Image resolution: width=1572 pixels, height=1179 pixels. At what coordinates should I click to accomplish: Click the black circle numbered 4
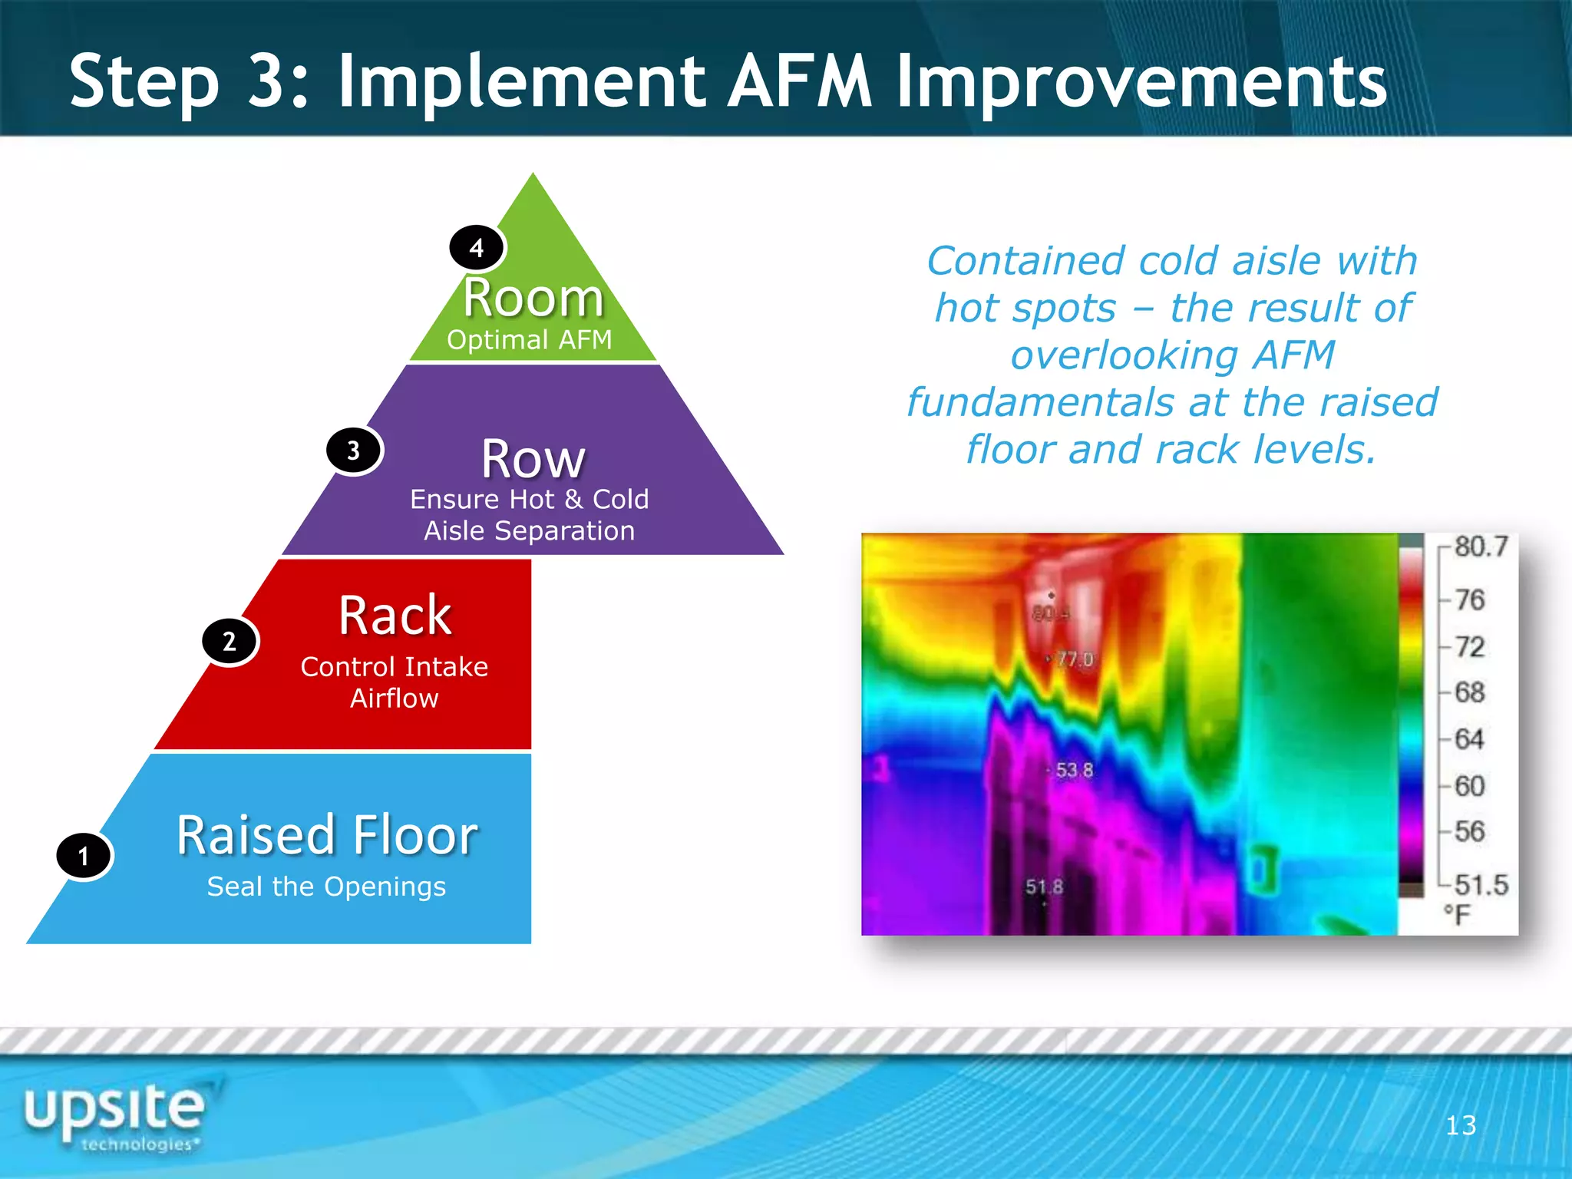pos(477,248)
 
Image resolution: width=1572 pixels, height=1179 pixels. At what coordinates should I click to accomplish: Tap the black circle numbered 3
pos(353,451)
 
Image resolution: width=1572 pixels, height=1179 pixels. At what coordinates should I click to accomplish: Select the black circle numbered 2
pos(230,641)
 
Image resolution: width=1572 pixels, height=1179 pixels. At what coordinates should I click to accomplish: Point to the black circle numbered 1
pos(84,856)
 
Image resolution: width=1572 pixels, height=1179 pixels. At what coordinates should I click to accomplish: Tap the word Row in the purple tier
pos(533,459)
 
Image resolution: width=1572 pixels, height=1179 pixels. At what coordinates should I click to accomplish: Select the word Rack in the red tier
pos(395,616)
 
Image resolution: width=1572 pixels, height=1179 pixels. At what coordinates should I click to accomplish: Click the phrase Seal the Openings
pos(326,887)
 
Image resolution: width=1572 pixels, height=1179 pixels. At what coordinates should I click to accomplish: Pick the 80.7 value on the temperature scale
pos(1481,547)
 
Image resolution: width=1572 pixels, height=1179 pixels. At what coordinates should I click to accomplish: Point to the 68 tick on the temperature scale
pos(1469,692)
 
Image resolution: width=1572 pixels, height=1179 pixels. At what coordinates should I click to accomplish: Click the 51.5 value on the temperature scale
pos(1481,885)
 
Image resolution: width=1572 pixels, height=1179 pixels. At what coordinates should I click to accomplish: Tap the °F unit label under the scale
pos(1456,914)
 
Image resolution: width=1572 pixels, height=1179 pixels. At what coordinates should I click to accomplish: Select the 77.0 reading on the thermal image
pos(1074,659)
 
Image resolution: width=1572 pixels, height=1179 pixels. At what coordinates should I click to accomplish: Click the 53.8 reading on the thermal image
pos(1074,770)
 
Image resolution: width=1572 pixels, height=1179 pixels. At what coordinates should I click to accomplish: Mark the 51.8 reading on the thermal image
pos(1044,887)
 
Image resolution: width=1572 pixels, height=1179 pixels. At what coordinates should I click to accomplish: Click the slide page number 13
pos(1460,1125)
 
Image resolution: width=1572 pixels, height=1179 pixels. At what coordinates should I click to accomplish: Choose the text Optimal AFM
pos(530,340)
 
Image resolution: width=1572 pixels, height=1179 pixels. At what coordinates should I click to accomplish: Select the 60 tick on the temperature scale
pos(1469,786)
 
